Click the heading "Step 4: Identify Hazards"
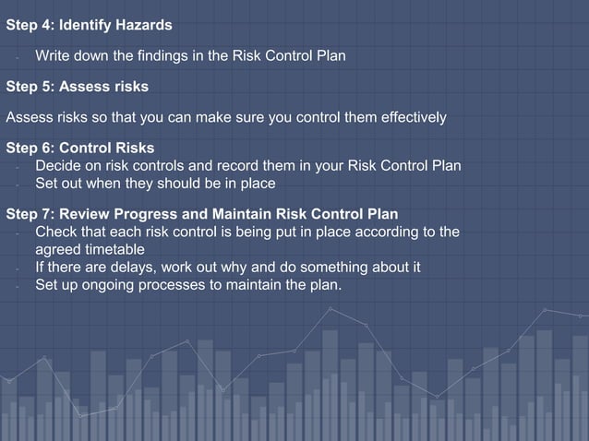(x=89, y=22)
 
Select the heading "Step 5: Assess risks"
(x=77, y=87)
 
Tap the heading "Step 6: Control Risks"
(x=80, y=148)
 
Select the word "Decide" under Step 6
(x=58, y=166)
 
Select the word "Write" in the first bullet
(x=53, y=56)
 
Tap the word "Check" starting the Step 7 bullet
(x=55, y=232)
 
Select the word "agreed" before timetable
(x=58, y=249)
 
